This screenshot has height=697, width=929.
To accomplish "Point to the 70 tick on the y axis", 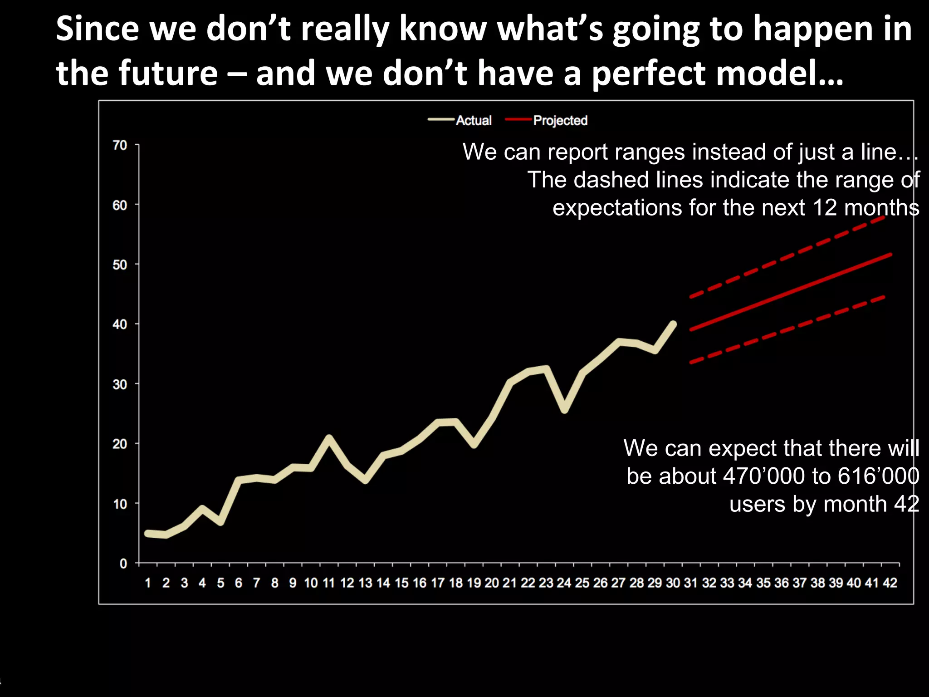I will pos(120,145).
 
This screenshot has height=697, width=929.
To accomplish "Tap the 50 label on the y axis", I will pos(120,265).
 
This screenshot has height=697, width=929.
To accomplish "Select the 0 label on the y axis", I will pos(123,564).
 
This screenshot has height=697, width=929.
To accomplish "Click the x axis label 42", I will pos(890,583).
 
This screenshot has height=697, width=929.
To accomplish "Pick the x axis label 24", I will pos(564,583).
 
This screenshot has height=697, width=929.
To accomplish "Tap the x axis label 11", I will pos(328,583).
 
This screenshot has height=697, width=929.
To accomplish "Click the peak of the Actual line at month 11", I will pos(329,438).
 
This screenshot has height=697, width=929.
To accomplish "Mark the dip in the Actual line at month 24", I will pos(564,410).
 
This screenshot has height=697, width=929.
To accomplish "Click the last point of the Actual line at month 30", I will pos(673,324).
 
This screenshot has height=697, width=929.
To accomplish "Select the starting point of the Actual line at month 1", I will pos(148,533).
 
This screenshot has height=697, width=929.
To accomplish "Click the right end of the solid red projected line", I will pos(890,255).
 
